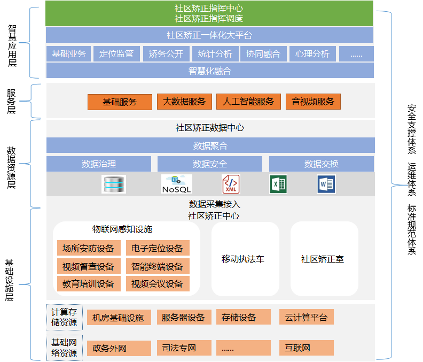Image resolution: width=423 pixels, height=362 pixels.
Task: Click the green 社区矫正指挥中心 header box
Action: [x=209, y=13]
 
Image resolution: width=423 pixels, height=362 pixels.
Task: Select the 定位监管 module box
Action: [x=116, y=54]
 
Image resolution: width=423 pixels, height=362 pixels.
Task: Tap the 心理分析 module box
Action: [x=312, y=54]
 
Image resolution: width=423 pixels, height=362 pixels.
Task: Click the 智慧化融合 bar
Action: [x=209, y=71]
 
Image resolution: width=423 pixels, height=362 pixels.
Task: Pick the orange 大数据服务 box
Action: [x=184, y=102]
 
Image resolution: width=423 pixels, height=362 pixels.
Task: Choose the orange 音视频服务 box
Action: [x=313, y=102]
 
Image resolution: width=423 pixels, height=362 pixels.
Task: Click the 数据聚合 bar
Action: [x=210, y=145]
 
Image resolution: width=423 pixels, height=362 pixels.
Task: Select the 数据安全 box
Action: [x=209, y=164]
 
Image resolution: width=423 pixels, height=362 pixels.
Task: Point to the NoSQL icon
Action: [x=176, y=184]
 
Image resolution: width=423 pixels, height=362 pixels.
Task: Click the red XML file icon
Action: [x=231, y=184]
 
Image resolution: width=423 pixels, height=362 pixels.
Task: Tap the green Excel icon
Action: [x=278, y=184]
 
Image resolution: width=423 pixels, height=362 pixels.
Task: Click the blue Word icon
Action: [x=325, y=184]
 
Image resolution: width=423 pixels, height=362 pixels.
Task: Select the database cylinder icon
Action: [x=114, y=184]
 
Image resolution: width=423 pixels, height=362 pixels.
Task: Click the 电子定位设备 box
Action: [x=157, y=248]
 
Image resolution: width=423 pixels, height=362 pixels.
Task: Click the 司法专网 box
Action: [x=179, y=348]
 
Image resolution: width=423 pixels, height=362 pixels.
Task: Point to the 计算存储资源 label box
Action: [x=64, y=317]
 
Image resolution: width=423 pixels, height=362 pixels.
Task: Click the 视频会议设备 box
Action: [x=157, y=283]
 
